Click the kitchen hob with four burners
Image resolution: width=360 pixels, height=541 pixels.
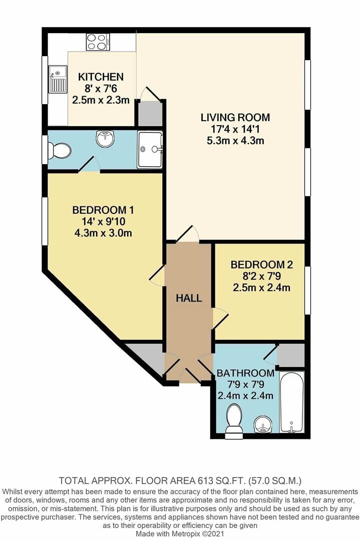click(x=98, y=42)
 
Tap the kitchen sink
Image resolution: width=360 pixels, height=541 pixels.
click(x=58, y=80)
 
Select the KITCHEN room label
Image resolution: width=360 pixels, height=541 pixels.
click(x=101, y=77)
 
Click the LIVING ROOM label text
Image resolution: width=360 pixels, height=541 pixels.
click(x=235, y=118)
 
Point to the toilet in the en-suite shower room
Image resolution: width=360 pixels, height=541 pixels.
click(x=60, y=150)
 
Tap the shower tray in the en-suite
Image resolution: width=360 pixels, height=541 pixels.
click(x=150, y=149)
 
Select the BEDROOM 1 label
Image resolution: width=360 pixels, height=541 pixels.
click(x=103, y=210)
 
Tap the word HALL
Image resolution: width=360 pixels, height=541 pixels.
click(x=189, y=299)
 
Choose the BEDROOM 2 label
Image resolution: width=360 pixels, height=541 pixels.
click(x=261, y=265)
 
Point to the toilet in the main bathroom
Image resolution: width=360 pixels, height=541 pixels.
click(x=234, y=420)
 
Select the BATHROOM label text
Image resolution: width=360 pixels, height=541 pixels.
click(x=245, y=373)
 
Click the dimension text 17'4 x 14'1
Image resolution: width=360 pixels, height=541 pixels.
click(x=235, y=129)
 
